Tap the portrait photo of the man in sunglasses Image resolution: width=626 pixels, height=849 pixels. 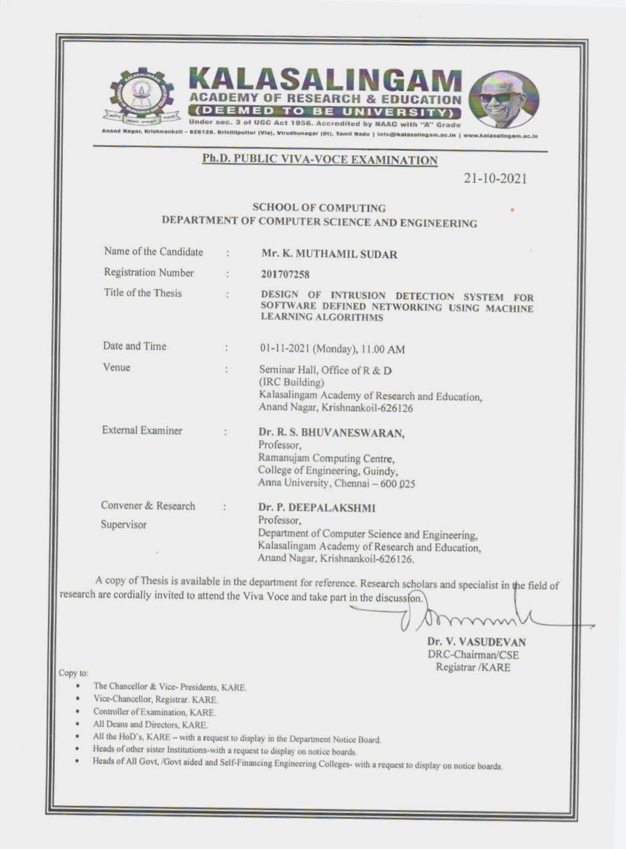tap(504, 100)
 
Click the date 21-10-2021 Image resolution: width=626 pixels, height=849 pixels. tap(495, 179)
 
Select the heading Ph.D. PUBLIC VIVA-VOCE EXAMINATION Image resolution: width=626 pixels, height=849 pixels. tap(320, 159)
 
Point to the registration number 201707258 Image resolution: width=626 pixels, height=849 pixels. tap(285, 275)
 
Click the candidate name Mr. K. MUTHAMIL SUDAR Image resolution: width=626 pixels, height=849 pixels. tap(329, 254)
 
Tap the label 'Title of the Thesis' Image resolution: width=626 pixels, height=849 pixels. tap(143, 293)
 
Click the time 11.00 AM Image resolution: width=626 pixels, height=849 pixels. tap(387, 349)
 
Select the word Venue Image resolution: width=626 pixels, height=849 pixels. tap(116, 368)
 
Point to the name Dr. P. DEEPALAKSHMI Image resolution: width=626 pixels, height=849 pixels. tap(317, 508)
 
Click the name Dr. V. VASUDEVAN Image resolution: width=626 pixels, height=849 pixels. tap(477, 642)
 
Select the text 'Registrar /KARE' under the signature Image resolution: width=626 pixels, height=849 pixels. tap(472, 667)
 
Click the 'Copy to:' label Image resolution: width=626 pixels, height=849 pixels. tap(74, 673)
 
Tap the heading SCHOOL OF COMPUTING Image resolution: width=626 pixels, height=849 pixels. tap(319, 208)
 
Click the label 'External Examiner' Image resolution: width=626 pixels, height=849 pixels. tap(142, 430)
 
